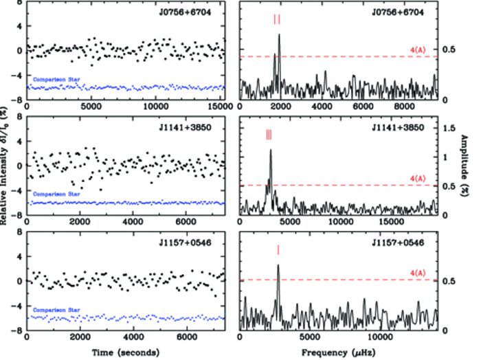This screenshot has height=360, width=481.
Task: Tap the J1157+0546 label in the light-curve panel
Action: click(x=196, y=243)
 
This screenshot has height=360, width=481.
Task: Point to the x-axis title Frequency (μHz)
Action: click(x=339, y=351)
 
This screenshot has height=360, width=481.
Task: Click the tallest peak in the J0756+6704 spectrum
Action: click(x=279, y=36)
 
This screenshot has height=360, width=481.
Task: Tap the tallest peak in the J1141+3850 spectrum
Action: click(x=271, y=150)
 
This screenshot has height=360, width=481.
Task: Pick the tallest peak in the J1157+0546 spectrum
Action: click(x=278, y=265)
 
